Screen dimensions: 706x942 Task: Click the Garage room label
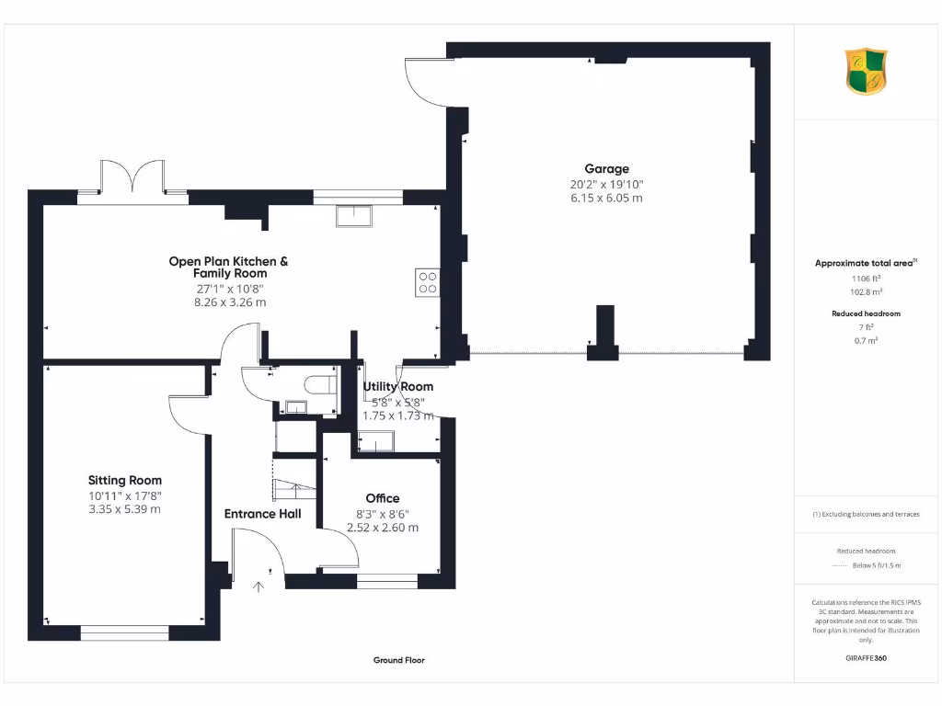tap(606, 168)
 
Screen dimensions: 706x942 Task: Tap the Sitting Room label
tap(124, 480)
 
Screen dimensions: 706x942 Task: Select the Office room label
tap(383, 498)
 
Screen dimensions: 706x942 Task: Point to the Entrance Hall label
tap(262, 513)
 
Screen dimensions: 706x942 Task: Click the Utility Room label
tap(397, 386)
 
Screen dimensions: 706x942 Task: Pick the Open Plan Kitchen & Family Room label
tap(228, 267)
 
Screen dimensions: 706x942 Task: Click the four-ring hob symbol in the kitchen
tap(427, 281)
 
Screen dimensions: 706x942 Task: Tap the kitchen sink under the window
tap(354, 215)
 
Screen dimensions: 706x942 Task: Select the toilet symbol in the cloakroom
tap(322, 384)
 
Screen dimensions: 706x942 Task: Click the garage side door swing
tap(424, 81)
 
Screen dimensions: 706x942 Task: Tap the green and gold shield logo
tap(866, 73)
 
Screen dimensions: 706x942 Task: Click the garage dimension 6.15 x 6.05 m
tap(606, 198)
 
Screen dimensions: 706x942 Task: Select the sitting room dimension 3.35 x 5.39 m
tap(124, 508)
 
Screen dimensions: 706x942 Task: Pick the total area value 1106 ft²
tap(866, 278)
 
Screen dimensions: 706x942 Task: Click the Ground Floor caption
tap(398, 660)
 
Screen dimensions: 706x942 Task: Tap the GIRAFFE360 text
tap(866, 658)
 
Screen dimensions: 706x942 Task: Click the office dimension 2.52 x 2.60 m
tap(383, 528)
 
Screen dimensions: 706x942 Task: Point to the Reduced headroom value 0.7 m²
tap(866, 340)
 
